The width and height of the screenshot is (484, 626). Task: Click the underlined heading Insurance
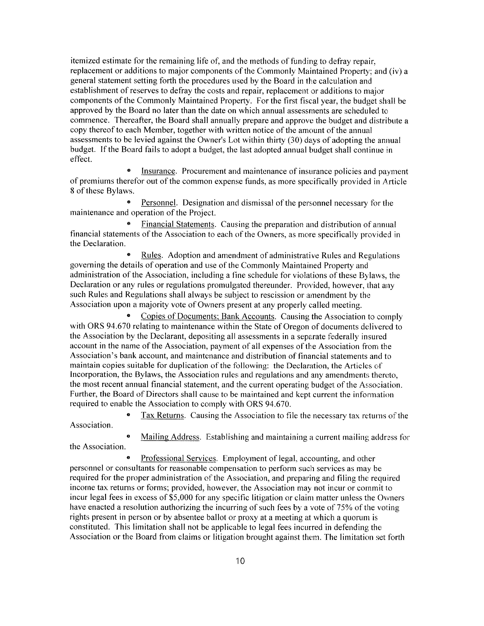[x=158, y=171]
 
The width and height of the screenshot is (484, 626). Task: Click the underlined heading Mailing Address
[x=170, y=437]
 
